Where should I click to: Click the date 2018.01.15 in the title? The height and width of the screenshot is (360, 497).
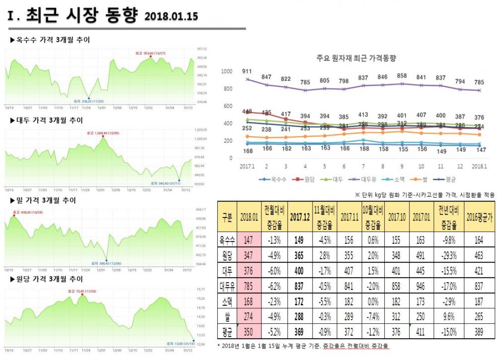click(171, 16)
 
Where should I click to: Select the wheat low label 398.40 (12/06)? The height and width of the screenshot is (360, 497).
click(107, 263)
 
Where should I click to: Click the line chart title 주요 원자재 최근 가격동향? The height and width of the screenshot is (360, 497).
click(356, 58)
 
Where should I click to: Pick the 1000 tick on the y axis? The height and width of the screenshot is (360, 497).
click(227, 72)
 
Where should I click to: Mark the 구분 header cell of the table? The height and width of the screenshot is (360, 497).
click(227, 217)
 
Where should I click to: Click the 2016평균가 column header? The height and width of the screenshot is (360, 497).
click(479, 217)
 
